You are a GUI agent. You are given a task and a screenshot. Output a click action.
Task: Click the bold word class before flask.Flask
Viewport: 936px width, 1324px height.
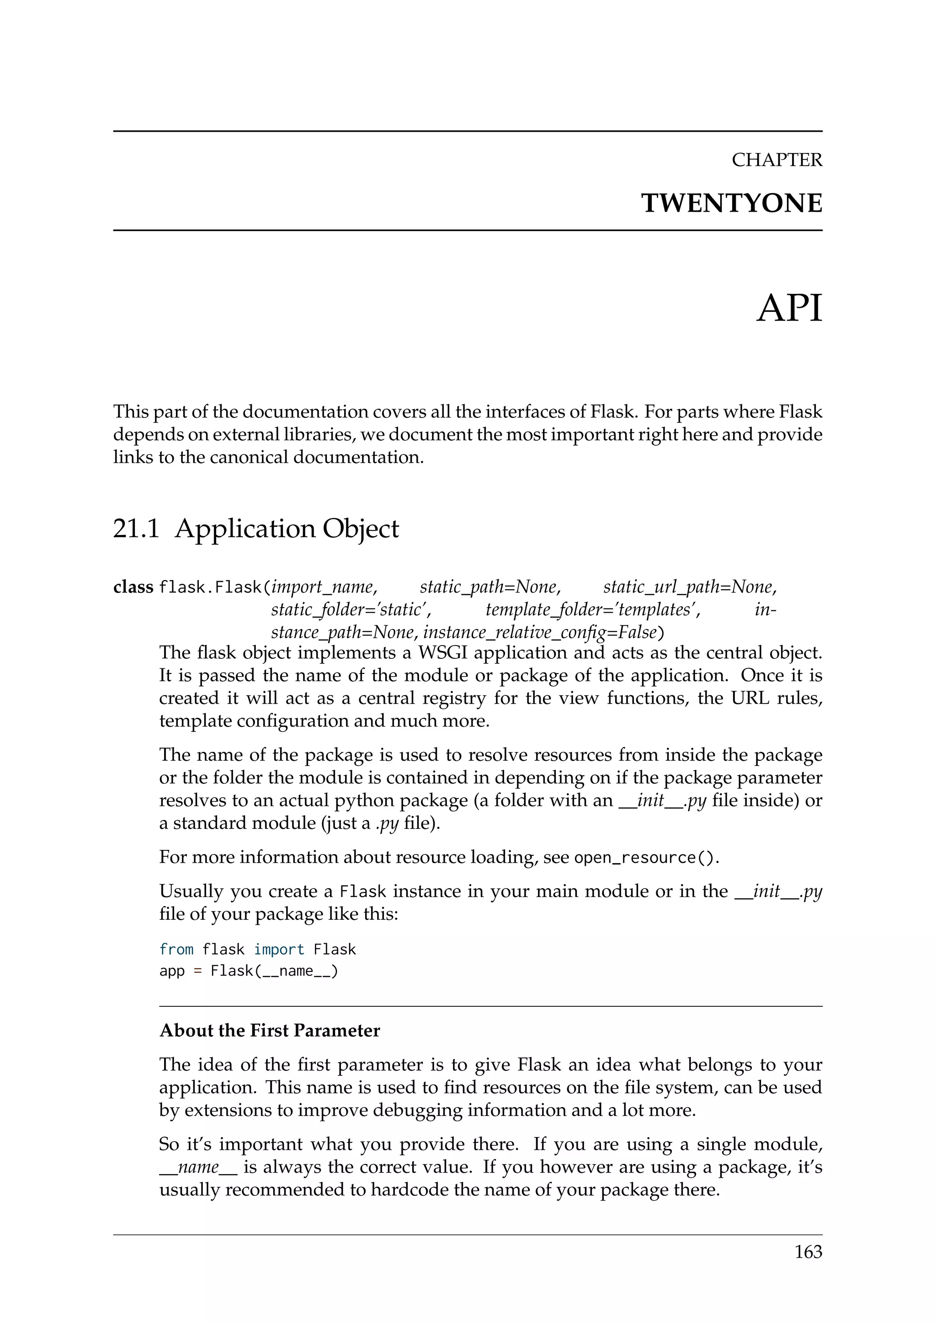click(133, 587)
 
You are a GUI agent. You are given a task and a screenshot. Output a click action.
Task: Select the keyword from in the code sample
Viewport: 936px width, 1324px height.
click(176, 949)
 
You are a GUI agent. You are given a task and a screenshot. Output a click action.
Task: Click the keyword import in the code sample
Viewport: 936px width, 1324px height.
click(279, 949)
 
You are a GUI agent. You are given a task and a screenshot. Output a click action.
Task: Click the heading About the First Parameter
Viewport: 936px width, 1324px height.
click(270, 1030)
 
